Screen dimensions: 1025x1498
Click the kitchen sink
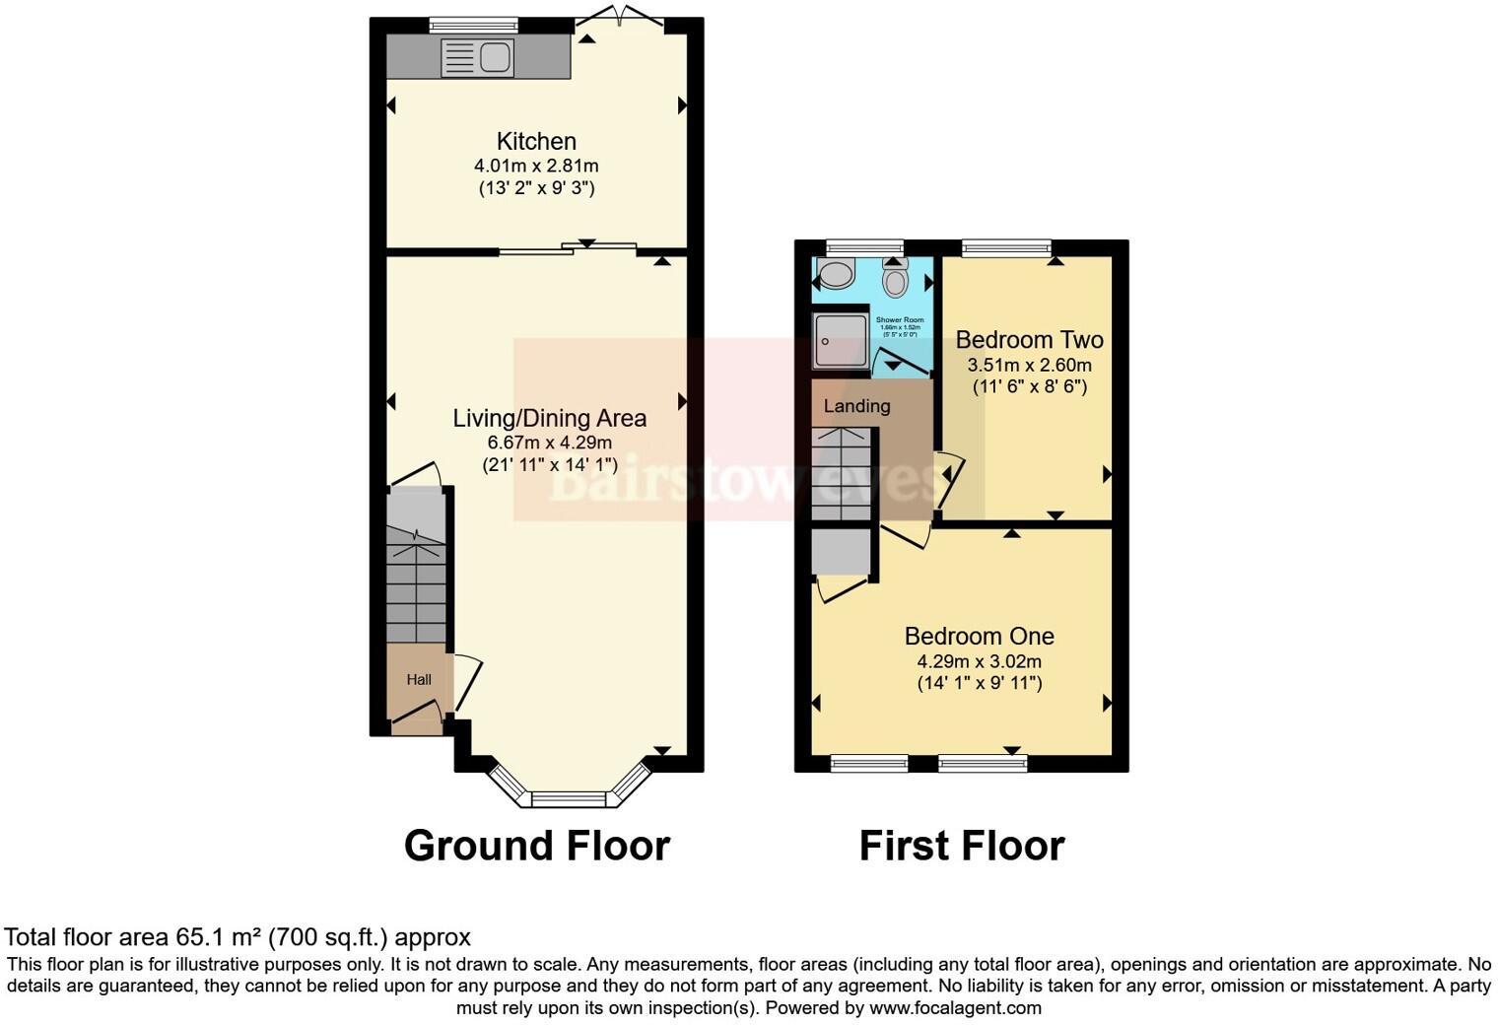tap(478, 57)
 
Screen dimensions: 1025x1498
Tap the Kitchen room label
tap(536, 141)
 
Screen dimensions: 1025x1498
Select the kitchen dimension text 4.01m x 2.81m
tap(536, 166)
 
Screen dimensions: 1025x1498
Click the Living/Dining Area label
tap(549, 418)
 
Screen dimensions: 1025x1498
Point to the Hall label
tap(419, 679)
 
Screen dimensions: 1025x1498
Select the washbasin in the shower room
tap(837, 274)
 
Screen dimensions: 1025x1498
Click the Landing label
tap(856, 405)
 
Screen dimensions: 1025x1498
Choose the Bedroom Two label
tap(1029, 340)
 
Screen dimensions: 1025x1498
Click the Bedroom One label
tap(979, 637)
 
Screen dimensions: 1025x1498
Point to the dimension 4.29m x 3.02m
tap(979, 661)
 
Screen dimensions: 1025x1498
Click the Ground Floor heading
tap(537, 846)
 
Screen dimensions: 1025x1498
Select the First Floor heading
tap(962, 846)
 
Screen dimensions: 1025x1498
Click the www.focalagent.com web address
tap(954, 1007)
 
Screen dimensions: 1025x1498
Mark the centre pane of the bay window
tap(570, 798)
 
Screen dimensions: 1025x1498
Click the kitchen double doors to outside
tap(620, 17)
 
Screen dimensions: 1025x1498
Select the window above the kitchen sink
tap(474, 25)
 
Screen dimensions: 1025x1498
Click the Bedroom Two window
tap(1005, 247)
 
